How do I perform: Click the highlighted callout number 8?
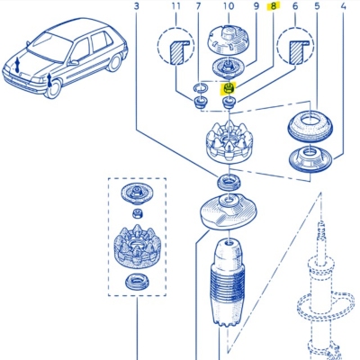point(273,6)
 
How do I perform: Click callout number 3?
point(137,6)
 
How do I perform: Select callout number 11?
point(176,6)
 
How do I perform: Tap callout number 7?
point(198,6)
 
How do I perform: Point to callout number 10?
point(229,6)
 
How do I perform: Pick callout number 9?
point(256,6)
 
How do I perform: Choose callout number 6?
point(295,6)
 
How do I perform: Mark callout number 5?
point(317,6)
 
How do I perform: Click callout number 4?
point(343,6)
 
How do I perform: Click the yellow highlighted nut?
point(229,89)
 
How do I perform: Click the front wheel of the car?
point(53,88)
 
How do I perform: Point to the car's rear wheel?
point(114,62)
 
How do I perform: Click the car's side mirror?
point(73,63)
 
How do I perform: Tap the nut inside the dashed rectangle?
point(137,213)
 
